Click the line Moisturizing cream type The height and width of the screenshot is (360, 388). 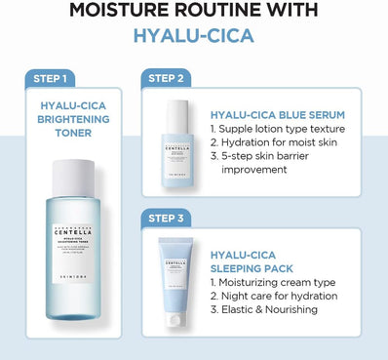(273, 280)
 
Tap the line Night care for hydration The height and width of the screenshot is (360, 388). (274, 296)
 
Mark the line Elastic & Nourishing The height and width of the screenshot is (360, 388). (263, 311)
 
